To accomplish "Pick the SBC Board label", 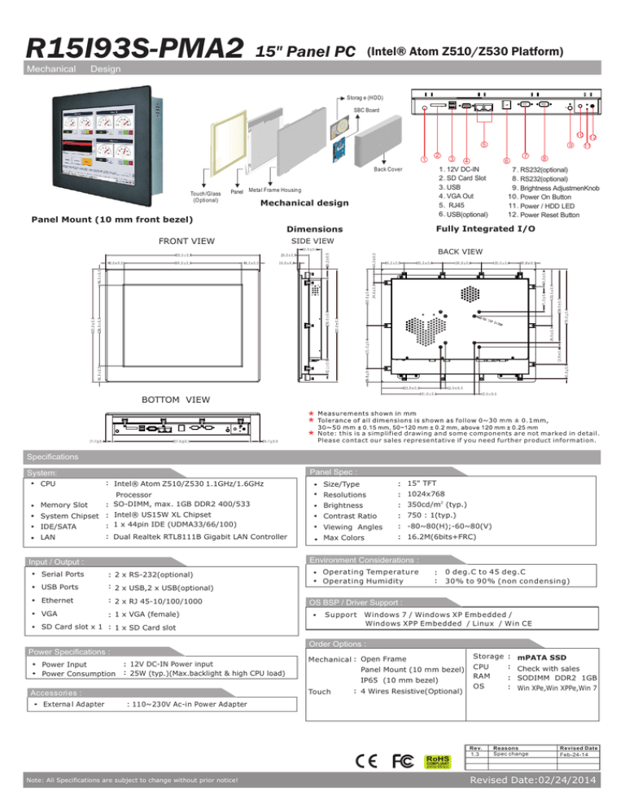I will (x=366, y=111).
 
